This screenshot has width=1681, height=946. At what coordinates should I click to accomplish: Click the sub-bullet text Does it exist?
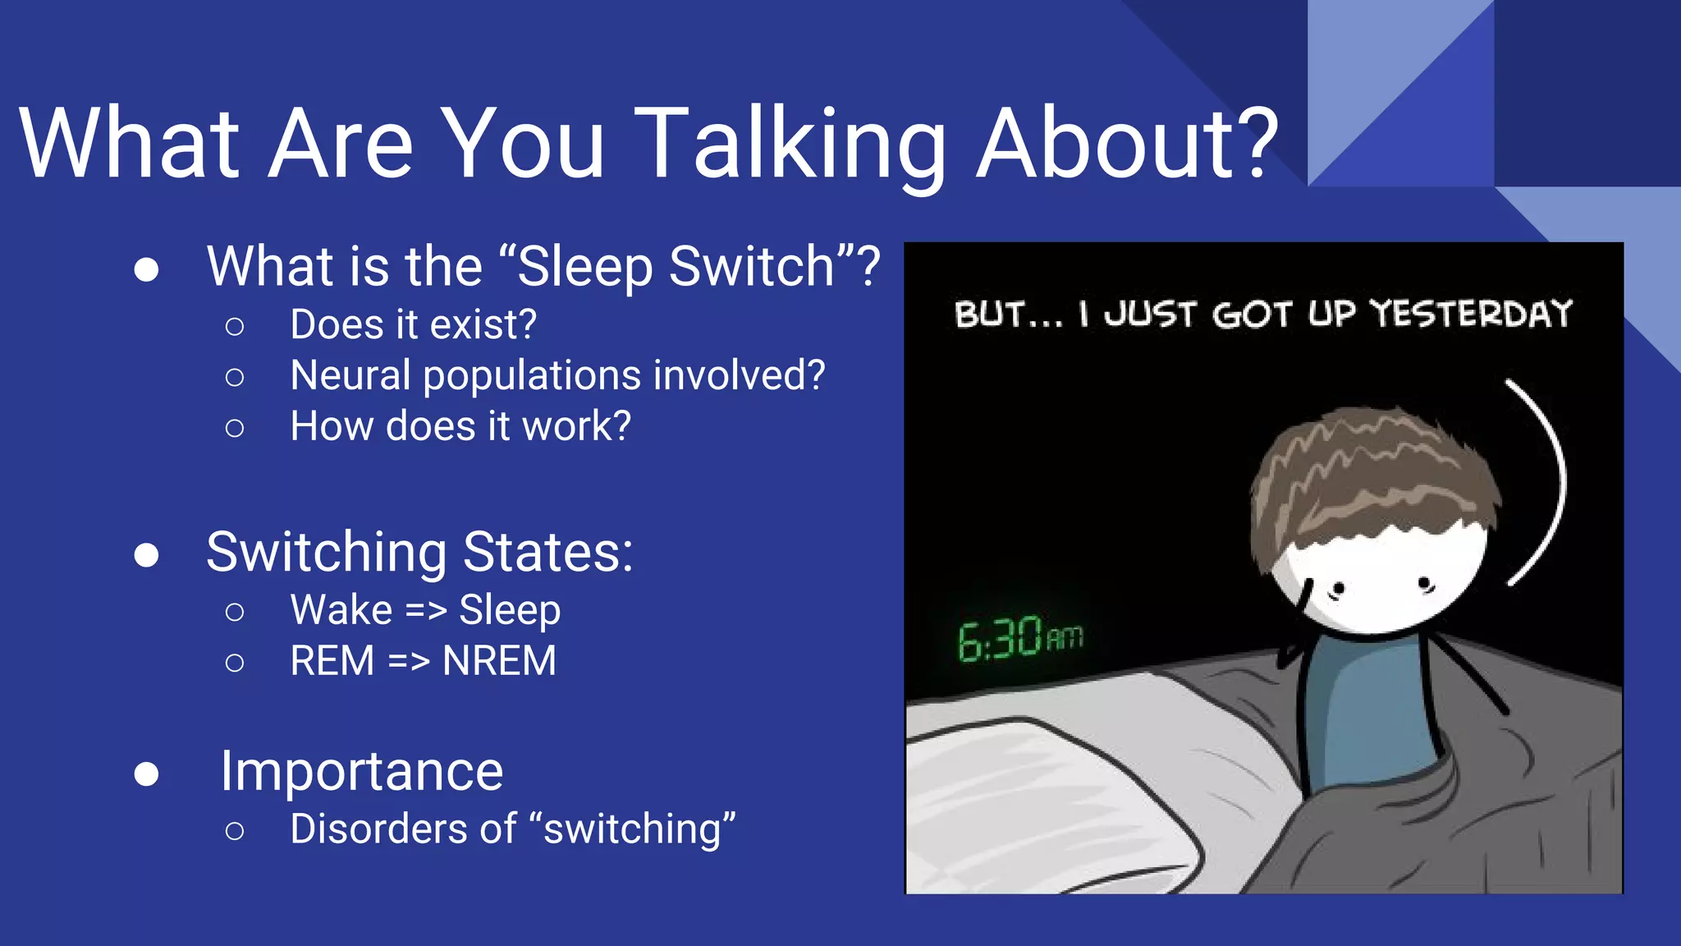point(413,325)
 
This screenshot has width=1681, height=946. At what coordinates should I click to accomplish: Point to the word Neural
point(350,376)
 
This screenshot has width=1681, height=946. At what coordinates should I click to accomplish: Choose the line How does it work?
point(460,427)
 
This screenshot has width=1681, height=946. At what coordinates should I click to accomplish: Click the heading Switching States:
point(419,552)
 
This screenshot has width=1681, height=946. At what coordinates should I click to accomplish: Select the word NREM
point(499,662)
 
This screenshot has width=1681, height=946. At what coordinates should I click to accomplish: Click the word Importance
point(362,772)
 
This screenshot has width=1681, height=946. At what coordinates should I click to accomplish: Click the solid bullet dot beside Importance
point(146,774)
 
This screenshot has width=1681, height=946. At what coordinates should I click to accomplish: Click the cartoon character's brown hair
point(1371,476)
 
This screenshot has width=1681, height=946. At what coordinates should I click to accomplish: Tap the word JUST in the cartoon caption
point(1149,315)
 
